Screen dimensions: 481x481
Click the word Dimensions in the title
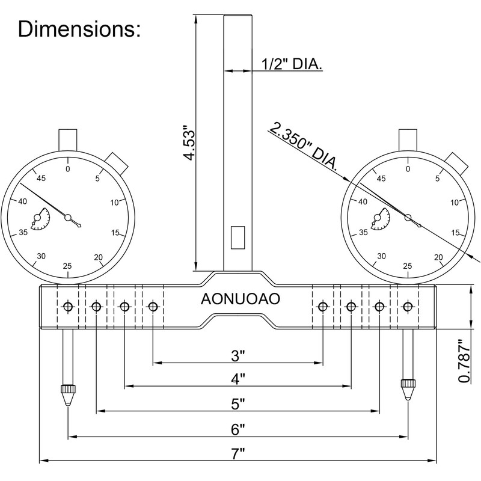79,28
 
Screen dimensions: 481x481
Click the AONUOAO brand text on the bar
240,299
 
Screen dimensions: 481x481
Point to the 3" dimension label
239,356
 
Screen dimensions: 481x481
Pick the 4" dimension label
239,379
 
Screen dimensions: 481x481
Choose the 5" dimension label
239,403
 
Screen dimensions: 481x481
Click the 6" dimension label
239,429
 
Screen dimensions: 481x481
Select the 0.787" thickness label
464,361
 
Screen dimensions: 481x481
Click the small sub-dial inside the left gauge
40,219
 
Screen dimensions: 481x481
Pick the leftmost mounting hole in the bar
67,307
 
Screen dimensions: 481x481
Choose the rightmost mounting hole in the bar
408,307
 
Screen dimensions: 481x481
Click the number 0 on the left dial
67,169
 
